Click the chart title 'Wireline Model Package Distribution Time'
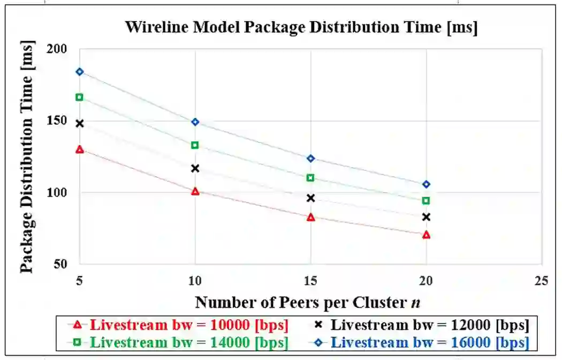tap(301, 27)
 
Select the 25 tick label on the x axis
tap(542, 280)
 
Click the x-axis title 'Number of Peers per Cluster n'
tap(307, 303)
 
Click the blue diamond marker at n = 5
tap(80, 72)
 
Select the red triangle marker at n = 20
tap(426, 235)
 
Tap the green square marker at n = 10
tap(195, 145)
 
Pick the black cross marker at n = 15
tap(310, 198)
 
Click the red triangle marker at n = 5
tap(80, 149)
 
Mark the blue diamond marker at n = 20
tap(426, 184)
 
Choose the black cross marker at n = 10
tap(195, 169)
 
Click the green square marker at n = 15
tap(310, 178)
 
